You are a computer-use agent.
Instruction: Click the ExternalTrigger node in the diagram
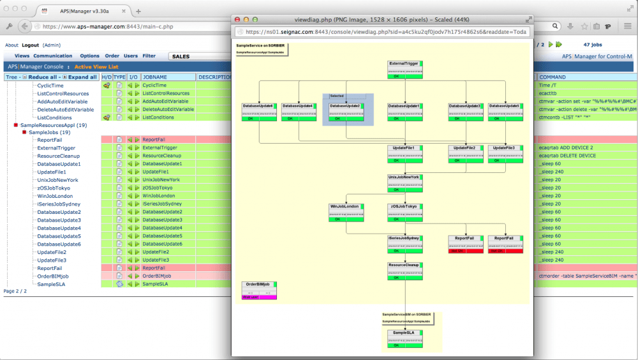[x=404, y=69]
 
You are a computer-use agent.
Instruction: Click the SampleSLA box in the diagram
[x=404, y=339]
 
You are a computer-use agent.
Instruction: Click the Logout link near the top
[x=30, y=45]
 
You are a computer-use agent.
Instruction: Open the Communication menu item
[x=53, y=56]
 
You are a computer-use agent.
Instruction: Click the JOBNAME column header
[x=155, y=77]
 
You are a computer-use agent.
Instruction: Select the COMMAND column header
[x=553, y=77]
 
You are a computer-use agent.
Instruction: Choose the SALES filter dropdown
[x=198, y=56]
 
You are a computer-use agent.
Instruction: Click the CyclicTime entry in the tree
[x=50, y=86]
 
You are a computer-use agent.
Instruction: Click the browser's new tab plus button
[x=138, y=11]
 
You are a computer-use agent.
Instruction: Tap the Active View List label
[x=96, y=66]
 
